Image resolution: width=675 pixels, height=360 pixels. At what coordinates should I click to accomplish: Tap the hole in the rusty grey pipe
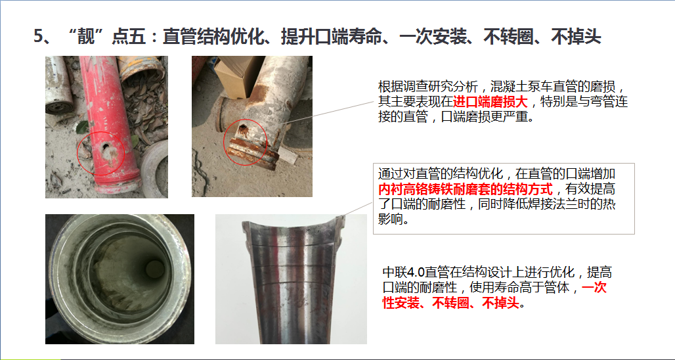click(243, 128)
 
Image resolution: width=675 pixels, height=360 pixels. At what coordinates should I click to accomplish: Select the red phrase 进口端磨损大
click(490, 102)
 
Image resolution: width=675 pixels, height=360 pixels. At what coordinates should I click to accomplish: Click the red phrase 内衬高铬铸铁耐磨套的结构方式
click(466, 189)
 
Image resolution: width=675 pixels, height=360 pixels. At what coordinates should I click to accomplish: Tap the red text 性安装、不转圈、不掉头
click(451, 303)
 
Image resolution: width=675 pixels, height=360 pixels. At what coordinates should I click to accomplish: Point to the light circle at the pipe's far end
click(154, 269)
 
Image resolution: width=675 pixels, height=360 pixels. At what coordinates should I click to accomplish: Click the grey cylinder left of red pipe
click(59, 85)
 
